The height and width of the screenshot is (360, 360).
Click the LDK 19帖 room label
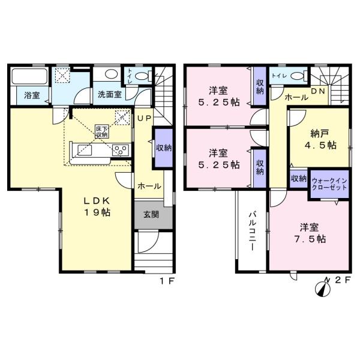[97, 206]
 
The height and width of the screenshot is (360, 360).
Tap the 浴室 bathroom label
[32, 95]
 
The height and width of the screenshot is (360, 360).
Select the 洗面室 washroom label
[110, 94]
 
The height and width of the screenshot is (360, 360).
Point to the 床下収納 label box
[102, 131]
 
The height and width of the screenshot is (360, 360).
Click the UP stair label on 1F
[144, 118]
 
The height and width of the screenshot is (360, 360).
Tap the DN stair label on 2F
[318, 91]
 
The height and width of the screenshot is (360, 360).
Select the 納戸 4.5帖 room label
[320, 139]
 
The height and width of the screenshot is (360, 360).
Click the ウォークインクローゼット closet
[329, 184]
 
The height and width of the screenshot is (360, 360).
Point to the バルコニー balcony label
[253, 231]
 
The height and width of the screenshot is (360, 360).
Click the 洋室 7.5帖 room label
[310, 233]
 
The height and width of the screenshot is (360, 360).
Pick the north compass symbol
[323, 289]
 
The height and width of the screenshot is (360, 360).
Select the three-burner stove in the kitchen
[121, 151]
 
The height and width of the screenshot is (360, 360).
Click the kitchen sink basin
[85, 150]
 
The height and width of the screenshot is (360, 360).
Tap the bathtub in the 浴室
[29, 76]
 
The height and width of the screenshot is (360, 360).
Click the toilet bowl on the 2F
[298, 76]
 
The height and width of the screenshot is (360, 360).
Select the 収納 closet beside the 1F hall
[164, 148]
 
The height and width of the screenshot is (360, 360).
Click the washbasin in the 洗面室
[112, 74]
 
